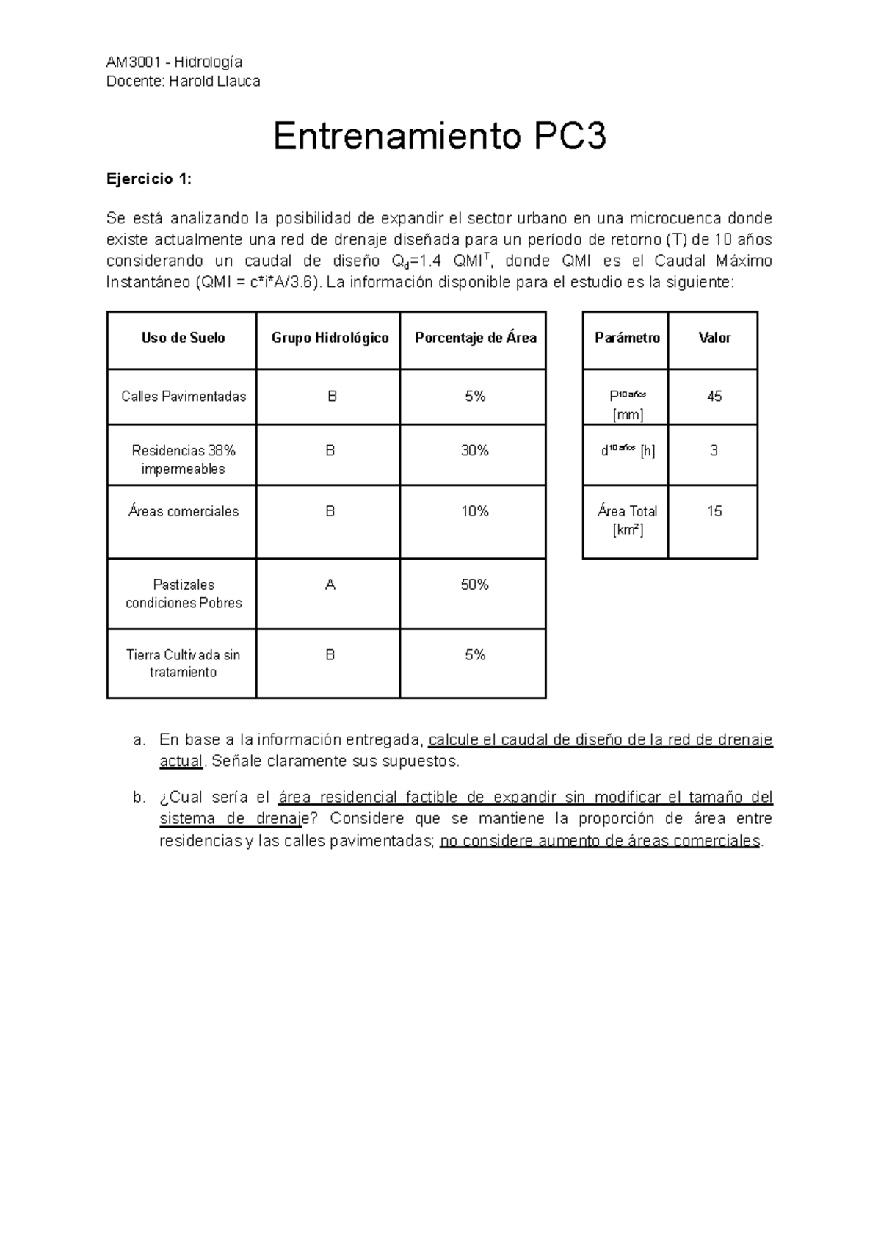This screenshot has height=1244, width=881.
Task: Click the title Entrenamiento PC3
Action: click(x=440, y=137)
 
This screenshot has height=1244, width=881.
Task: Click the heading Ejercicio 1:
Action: click(x=149, y=178)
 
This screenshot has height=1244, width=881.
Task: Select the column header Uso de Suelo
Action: click(x=183, y=339)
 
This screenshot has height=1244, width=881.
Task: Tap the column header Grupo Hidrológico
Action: click(x=330, y=339)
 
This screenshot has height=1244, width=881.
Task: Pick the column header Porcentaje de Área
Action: click(x=475, y=339)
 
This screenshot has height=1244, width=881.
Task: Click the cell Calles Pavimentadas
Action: click(x=184, y=397)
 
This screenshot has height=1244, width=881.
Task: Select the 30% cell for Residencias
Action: click(x=475, y=451)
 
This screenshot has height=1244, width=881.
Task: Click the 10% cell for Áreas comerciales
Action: click(x=475, y=511)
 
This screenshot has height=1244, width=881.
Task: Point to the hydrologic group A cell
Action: click(x=330, y=585)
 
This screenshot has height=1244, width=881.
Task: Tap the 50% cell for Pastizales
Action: click(x=475, y=585)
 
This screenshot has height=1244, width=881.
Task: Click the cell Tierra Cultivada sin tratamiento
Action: click(x=183, y=663)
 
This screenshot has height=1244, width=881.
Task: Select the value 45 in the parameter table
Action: click(x=714, y=397)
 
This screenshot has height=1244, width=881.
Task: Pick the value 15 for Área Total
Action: click(x=714, y=511)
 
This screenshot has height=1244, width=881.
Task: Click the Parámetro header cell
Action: click(x=627, y=339)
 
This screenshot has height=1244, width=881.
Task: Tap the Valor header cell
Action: click(x=714, y=339)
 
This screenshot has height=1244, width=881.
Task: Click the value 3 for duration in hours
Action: click(x=714, y=451)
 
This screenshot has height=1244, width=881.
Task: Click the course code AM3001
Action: click(x=132, y=62)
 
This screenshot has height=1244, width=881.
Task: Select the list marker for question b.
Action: click(x=139, y=798)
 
